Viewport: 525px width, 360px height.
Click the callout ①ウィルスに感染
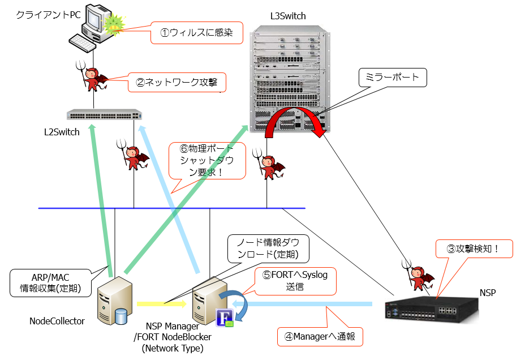pos(196,33)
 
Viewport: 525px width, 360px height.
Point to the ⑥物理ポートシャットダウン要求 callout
pos(208,161)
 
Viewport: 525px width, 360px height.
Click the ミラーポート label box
pos(393,78)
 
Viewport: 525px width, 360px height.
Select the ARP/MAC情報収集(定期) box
pos(50,281)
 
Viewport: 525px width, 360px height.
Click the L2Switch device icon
pos(105,115)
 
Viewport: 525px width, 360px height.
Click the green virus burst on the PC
pos(114,23)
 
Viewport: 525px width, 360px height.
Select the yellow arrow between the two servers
pos(161,304)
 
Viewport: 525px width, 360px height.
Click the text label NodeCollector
pos(57,321)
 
